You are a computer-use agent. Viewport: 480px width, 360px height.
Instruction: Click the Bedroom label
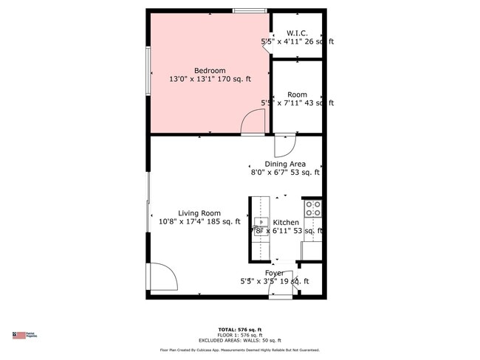coord(210,71)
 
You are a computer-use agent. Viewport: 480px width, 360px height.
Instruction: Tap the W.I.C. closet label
coord(297,32)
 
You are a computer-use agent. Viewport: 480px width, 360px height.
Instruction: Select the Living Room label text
coord(199,213)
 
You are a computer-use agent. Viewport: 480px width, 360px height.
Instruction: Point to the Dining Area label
coord(285,165)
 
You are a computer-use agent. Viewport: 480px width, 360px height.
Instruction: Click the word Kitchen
coord(286,222)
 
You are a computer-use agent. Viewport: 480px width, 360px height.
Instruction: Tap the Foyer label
coord(274,273)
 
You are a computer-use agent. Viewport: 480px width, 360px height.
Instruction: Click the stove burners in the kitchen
coord(313,208)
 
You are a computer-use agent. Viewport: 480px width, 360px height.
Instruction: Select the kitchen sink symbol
coord(260,222)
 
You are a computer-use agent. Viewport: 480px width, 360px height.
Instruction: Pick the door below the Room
coord(285,143)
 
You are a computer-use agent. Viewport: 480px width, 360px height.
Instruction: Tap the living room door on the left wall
coord(162,277)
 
